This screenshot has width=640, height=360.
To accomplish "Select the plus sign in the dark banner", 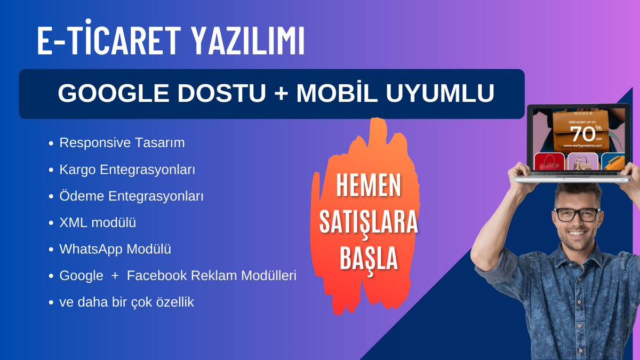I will point(279,93).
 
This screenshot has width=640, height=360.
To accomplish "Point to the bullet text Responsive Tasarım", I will point(122,143).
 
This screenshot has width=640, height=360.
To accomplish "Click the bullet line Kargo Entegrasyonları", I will point(127,170).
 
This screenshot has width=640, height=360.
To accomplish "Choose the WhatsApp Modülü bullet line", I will point(115,249).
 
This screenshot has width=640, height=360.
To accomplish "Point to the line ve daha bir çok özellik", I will point(126,302).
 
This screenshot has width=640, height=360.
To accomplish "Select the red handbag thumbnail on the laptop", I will point(548,162).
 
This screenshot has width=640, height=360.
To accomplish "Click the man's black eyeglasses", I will point(577,214).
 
